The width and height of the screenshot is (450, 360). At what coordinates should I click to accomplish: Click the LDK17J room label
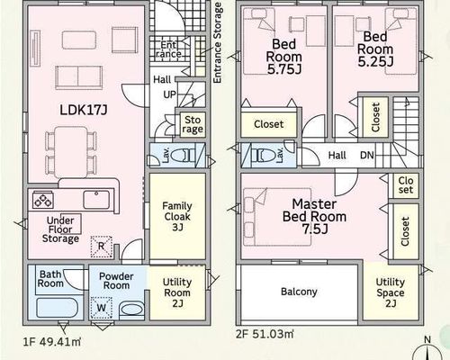click(x=84, y=110)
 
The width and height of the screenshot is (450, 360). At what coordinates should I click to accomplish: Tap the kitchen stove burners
click(x=43, y=200)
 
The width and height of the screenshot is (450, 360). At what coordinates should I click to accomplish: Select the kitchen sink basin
click(x=96, y=200)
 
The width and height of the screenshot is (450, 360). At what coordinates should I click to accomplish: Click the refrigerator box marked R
click(x=102, y=247)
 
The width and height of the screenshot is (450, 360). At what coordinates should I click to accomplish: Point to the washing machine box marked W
click(x=102, y=308)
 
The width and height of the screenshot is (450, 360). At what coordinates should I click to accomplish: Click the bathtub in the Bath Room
click(x=58, y=309)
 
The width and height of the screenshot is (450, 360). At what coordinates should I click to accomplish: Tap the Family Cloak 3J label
click(x=177, y=217)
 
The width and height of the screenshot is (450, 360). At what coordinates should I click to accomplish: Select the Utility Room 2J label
click(x=177, y=292)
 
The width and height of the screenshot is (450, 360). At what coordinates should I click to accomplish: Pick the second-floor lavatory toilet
click(x=261, y=156)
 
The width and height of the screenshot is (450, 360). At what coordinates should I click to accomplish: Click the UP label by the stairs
click(x=169, y=94)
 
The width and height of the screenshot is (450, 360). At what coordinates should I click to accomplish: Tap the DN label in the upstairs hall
click(x=367, y=156)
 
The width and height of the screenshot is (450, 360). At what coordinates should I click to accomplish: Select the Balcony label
click(x=299, y=292)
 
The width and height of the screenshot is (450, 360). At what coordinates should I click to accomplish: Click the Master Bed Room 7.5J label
click(x=314, y=217)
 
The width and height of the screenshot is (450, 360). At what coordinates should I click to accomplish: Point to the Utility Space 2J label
click(x=391, y=292)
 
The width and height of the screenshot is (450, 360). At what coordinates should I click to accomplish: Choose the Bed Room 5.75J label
click(x=284, y=57)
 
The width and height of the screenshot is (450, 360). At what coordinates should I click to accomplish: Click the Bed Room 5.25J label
click(x=375, y=49)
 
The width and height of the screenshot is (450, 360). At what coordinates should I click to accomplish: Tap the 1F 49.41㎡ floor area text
click(x=52, y=342)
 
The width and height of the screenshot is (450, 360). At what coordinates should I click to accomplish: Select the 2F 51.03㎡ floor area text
click(x=265, y=334)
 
